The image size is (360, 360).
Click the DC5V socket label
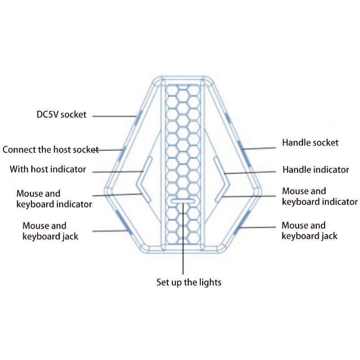click(x=61, y=114)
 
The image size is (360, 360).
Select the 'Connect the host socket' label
click(x=50, y=149)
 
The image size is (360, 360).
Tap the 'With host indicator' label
click(x=48, y=170)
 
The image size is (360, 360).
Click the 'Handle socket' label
click(x=310, y=143)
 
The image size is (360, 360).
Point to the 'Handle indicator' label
click(x=315, y=170)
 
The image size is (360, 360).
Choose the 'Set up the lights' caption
click(x=189, y=283)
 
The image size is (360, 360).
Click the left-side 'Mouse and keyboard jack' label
click(x=50, y=231)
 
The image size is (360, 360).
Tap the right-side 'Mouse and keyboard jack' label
click(x=309, y=230)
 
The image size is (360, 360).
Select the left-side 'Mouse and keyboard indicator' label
click(x=54, y=199)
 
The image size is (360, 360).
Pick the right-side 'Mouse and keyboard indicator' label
click(x=319, y=197)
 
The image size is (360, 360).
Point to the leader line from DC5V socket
click(x=115, y=116)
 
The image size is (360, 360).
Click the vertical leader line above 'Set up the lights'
click(x=183, y=238)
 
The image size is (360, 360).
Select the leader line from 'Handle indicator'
click(x=250, y=172)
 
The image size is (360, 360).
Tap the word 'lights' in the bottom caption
click(x=210, y=283)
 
